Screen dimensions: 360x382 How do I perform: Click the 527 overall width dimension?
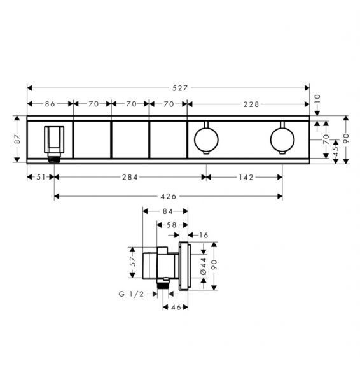180,88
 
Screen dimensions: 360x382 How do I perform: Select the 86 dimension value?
50,104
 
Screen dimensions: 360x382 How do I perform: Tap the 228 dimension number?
251,104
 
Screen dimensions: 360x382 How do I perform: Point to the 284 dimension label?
130,177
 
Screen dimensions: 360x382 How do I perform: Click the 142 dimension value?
246,177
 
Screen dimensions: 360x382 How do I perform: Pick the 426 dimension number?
169,196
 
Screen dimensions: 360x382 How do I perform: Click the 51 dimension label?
41,177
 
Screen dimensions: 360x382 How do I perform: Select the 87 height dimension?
18,139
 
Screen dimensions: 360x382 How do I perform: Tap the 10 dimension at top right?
317,100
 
